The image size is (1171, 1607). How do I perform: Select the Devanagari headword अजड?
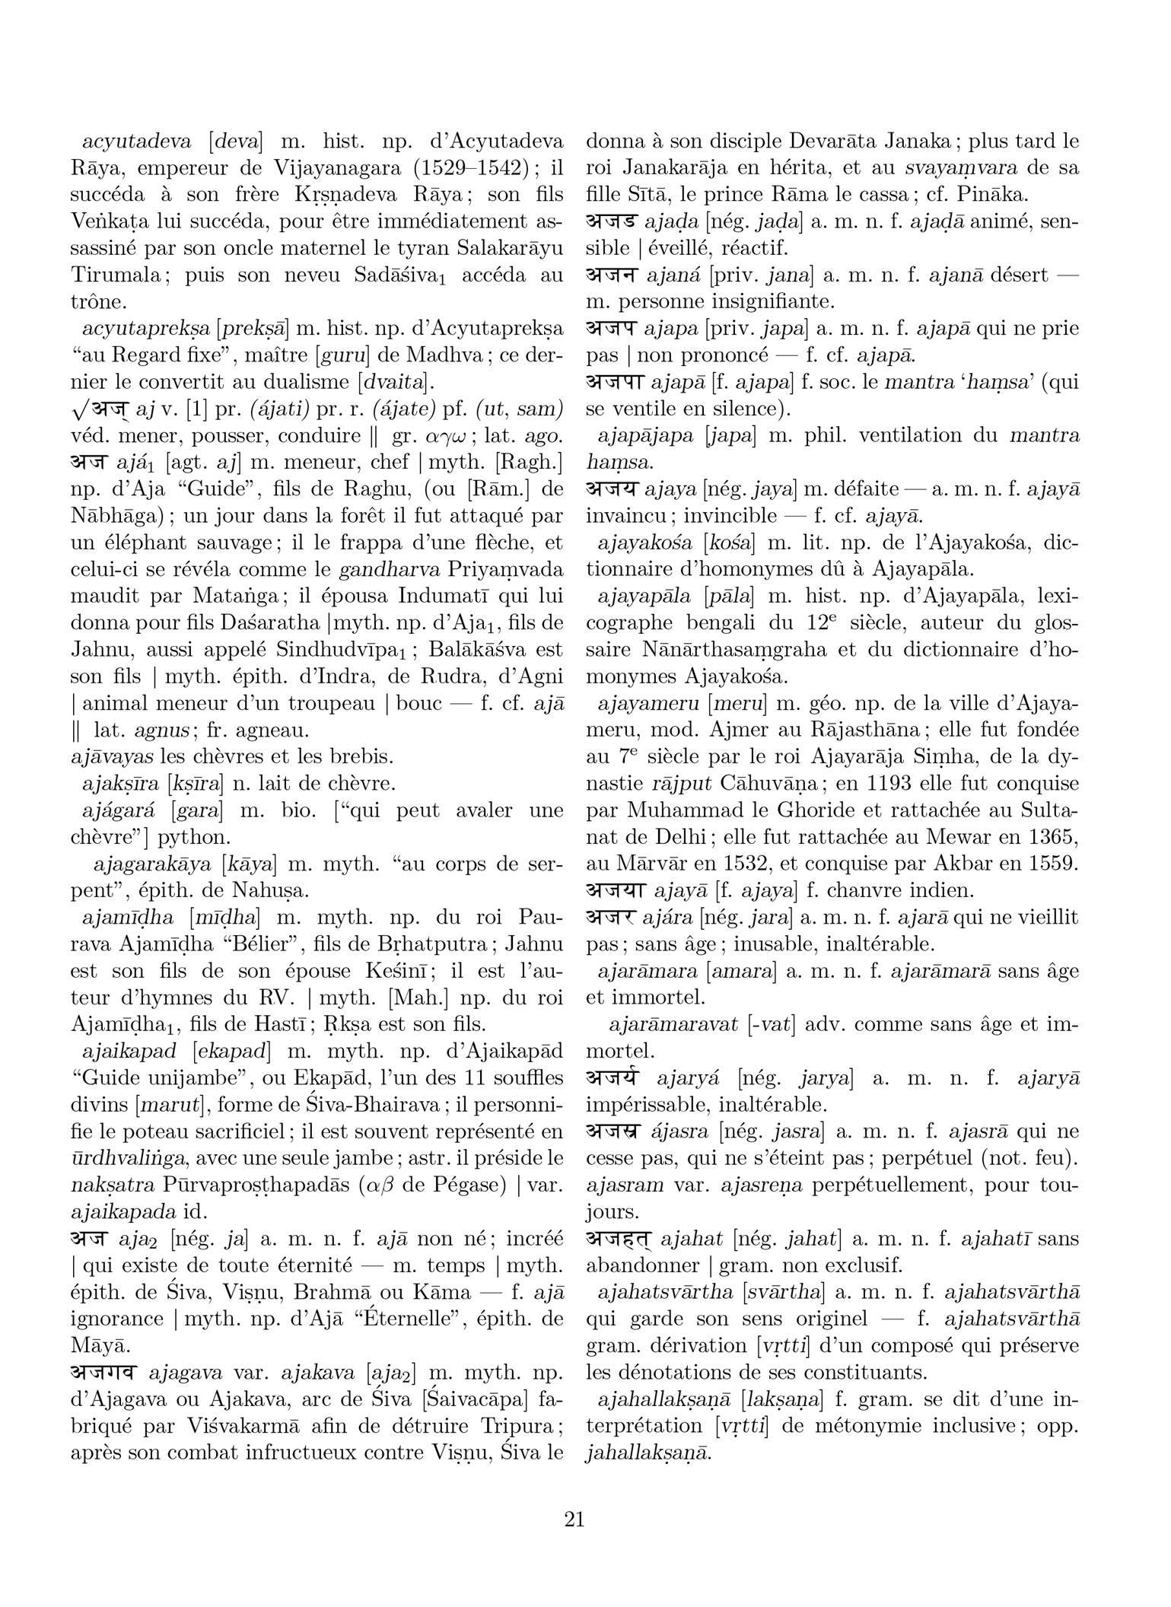(x=612, y=222)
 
